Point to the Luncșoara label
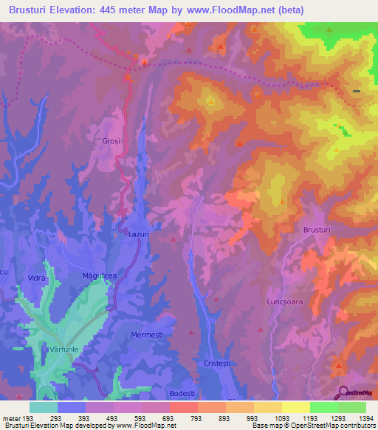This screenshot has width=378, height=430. click(x=285, y=302)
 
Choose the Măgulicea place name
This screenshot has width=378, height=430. click(x=100, y=276)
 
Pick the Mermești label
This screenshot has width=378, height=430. click(x=146, y=333)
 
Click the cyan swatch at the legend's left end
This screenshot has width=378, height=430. click(x=44, y=407)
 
